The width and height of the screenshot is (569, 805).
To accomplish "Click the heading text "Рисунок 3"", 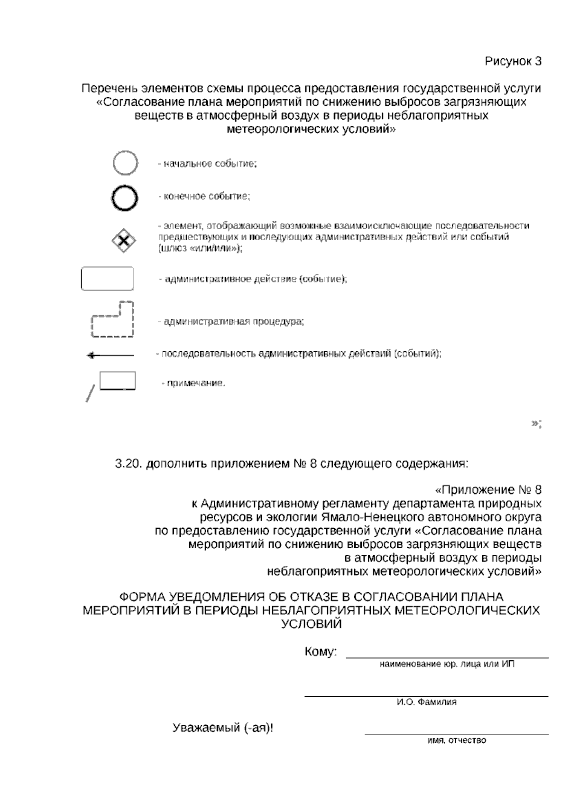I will tap(513, 61).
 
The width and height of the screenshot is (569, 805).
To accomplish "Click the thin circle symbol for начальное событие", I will tap(125, 163).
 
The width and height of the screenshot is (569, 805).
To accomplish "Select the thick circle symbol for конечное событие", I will tap(125, 197).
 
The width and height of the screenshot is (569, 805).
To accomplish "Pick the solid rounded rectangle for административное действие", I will tap(107, 279).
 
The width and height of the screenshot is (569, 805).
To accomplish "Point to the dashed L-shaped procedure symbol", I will tap(112, 320).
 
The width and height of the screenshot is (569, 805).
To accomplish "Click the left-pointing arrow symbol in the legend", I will tap(110, 355).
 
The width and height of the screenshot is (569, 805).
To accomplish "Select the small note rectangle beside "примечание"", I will tap(117, 381).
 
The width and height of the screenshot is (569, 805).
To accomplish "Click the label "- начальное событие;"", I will tap(207, 164).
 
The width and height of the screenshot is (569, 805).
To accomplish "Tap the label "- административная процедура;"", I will tap(231, 321).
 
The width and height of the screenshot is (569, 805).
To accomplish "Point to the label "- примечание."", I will tap(193, 383).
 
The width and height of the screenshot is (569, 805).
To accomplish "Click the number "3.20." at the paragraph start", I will tap(129, 464).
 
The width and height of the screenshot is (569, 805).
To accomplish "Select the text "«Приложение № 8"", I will tap(488, 489).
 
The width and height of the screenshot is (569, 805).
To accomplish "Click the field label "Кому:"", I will tap(321, 652).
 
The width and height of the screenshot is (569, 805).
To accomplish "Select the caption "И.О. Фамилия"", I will tap(426, 702).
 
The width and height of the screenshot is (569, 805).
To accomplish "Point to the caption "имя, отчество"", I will tap(457, 740).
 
